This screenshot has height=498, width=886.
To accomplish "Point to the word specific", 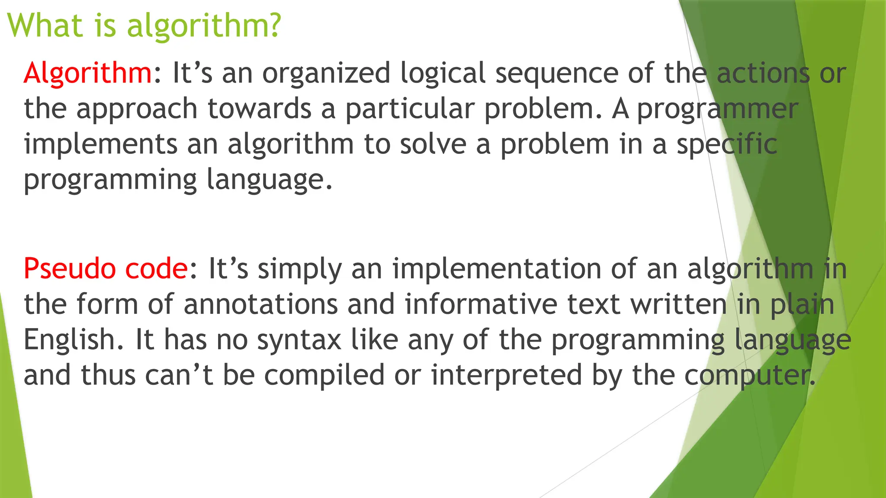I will tap(727, 144).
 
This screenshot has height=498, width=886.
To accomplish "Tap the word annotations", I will tap(260, 304).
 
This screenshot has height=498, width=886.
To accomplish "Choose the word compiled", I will tap(324, 375).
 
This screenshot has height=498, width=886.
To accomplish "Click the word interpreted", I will tap(507, 375).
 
